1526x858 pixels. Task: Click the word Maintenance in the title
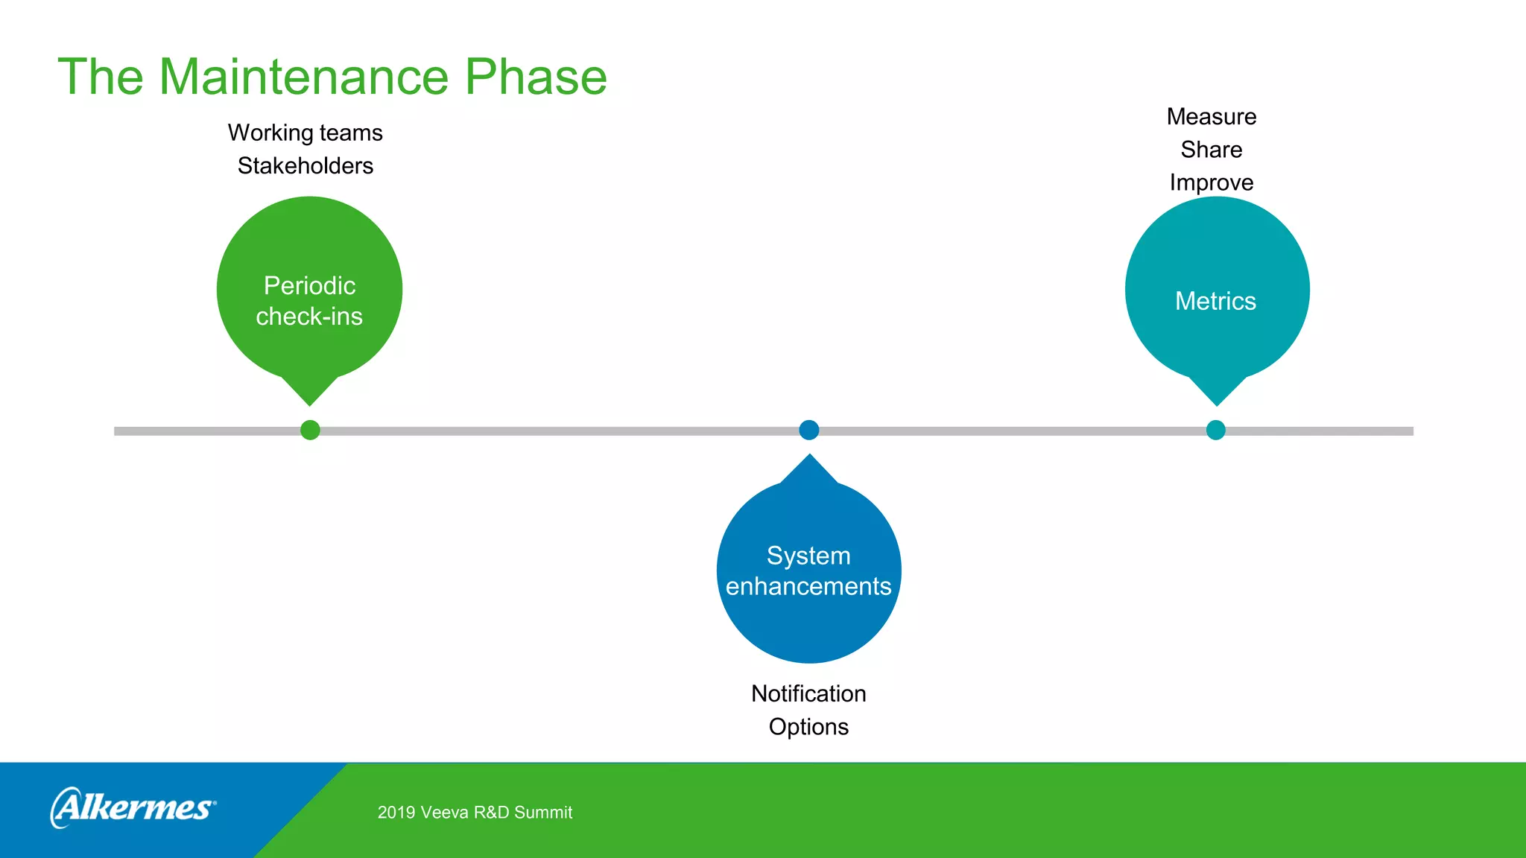pyautogui.click(x=303, y=77)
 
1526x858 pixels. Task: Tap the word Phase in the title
pyautogui.click(x=536, y=77)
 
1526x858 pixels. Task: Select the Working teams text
pyautogui.click(x=305, y=133)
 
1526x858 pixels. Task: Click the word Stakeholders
pyautogui.click(x=305, y=165)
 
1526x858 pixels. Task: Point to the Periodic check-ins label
pyautogui.click(x=309, y=301)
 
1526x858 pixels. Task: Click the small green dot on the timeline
pyautogui.click(x=310, y=430)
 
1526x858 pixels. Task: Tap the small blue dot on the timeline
pyautogui.click(x=808, y=430)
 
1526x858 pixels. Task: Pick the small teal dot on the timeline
pyautogui.click(x=1215, y=430)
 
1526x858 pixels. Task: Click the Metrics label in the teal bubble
pyautogui.click(x=1215, y=301)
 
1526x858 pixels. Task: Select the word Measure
pyautogui.click(x=1211, y=117)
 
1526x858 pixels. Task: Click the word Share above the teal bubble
pyautogui.click(x=1211, y=150)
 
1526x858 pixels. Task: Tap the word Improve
pyautogui.click(x=1211, y=182)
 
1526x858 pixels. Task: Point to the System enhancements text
pyautogui.click(x=808, y=571)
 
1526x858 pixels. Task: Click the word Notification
pyautogui.click(x=808, y=693)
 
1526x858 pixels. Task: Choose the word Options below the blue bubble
pyautogui.click(x=808, y=726)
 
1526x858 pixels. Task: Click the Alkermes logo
pyautogui.click(x=133, y=807)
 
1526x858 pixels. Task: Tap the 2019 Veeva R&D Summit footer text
pyautogui.click(x=475, y=813)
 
